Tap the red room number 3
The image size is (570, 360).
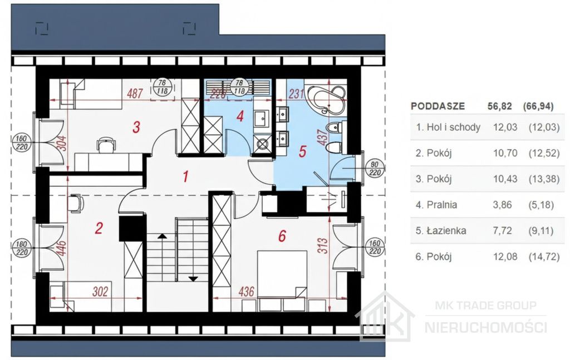tap(136, 127)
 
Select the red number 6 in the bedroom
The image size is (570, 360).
tap(282, 236)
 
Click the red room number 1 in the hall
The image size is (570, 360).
tap(186, 176)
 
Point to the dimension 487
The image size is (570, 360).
tap(135, 93)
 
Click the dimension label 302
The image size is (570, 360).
tap(100, 292)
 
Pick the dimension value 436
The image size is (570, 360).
tap(247, 292)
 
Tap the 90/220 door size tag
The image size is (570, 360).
tap(375, 169)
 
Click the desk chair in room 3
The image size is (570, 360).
tap(105, 145)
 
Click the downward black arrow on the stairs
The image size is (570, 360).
tap(193, 279)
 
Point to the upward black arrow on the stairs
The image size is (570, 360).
tap(162, 236)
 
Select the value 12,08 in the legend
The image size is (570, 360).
tap(505, 257)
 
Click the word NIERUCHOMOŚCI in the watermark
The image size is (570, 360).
tap(485, 327)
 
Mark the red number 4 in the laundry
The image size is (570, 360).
tap(240, 116)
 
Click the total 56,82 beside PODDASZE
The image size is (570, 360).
tap(499, 106)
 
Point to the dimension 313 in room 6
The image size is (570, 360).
tap(323, 246)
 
